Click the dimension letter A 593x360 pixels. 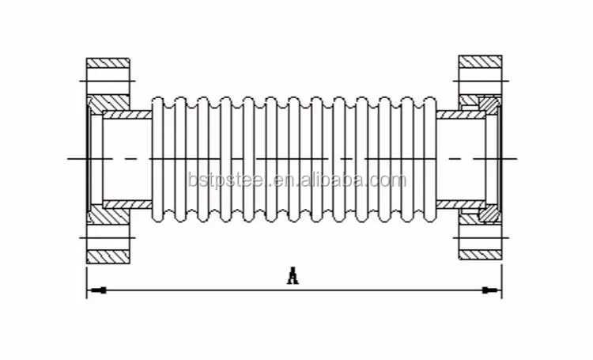click(x=293, y=276)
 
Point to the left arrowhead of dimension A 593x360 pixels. click(x=93, y=291)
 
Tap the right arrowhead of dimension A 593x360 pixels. click(x=495, y=291)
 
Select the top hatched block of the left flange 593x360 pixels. click(x=108, y=63)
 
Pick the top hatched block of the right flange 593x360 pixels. click(x=480, y=61)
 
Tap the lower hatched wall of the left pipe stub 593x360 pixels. click(x=127, y=203)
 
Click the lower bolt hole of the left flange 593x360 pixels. click(x=108, y=237)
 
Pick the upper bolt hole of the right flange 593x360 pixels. click(x=480, y=79)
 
